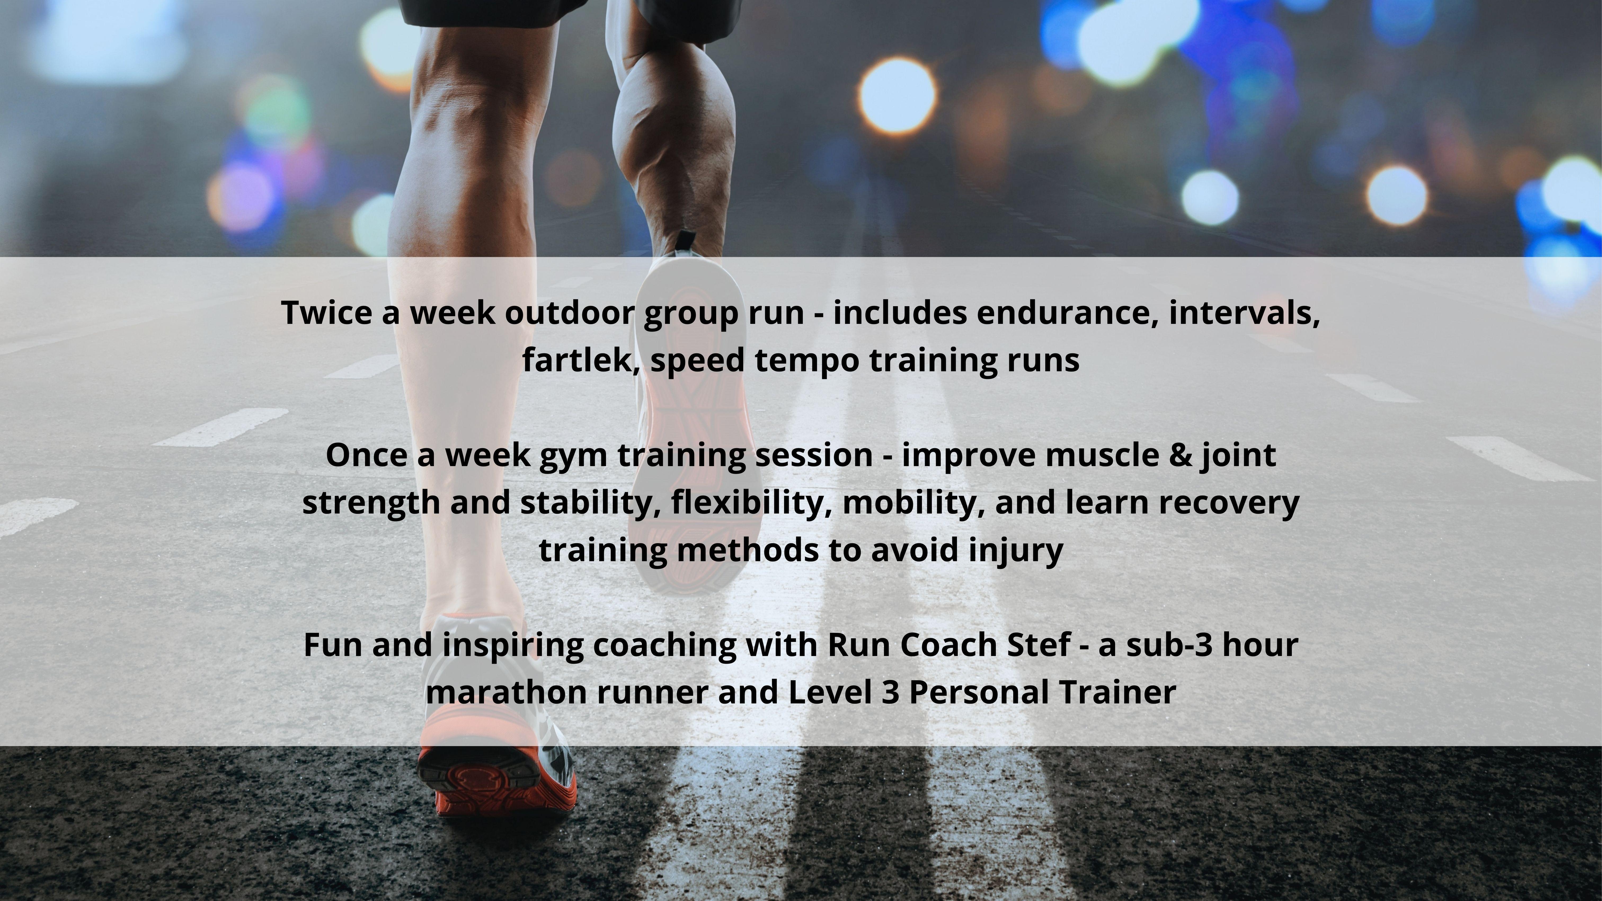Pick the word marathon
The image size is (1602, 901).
tap(506, 692)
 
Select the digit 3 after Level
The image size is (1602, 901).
tap(891, 692)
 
